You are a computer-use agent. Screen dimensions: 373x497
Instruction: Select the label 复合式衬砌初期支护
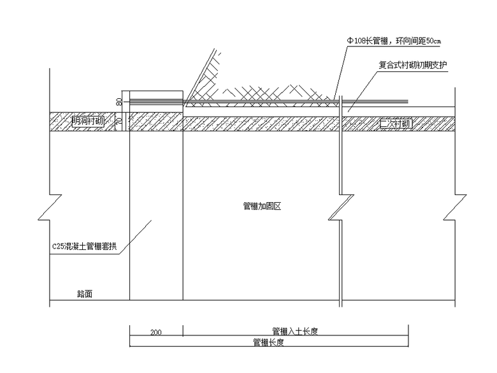412,65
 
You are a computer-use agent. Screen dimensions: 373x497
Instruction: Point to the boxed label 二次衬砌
396,123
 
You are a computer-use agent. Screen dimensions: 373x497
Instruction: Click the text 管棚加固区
262,206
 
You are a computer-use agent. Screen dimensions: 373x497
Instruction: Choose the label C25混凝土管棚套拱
84,246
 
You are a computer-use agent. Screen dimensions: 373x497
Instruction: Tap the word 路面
85,295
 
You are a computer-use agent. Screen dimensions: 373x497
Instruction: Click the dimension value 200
156,332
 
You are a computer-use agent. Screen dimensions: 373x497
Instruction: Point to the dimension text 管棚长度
268,342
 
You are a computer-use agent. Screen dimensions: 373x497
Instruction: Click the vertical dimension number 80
119,101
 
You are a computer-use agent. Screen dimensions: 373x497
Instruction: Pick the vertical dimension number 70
119,121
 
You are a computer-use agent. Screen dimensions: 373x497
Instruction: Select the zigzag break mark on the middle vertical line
342,205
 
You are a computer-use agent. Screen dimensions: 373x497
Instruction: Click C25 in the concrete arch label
59,246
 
